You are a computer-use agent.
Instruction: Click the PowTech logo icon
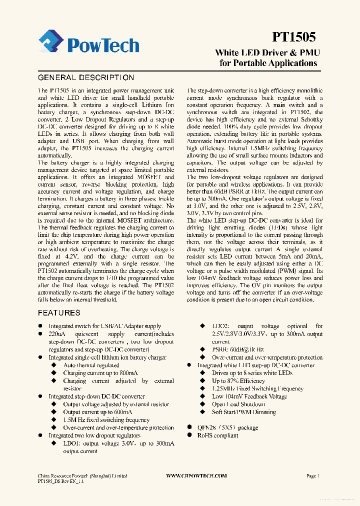(51, 42)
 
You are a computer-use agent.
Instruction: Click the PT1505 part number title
(294, 37)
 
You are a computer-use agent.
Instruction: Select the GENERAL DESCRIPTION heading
(86, 77)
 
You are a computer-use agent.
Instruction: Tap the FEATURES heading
(59, 312)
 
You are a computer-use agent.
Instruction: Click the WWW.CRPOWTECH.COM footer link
(196, 476)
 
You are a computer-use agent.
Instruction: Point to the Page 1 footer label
(312, 476)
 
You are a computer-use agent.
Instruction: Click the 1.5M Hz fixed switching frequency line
(106, 420)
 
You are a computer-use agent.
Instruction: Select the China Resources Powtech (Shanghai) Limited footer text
(82, 476)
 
